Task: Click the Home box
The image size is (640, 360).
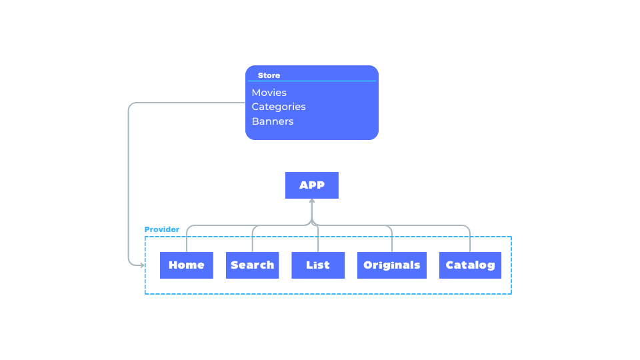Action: tap(187, 265)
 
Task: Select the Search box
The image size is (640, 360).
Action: tap(252, 265)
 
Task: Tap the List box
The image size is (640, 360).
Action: tap(318, 265)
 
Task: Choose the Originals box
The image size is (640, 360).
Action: tap(392, 265)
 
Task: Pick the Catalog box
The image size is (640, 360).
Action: tap(470, 265)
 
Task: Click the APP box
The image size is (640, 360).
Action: tap(312, 185)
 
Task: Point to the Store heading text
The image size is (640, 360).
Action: tap(269, 75)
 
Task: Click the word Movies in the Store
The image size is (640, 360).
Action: tap(269, 93)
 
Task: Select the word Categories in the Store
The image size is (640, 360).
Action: tap(279, 107)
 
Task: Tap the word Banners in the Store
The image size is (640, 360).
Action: tap(273, 121)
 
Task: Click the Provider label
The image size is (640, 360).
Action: tap(162, 229)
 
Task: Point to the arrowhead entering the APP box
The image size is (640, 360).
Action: tap(312, 201)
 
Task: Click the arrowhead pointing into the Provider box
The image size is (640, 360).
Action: tap(142, 265)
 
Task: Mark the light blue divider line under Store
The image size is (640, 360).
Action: tap(312, 81)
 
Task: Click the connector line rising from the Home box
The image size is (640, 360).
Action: tap(187, 240)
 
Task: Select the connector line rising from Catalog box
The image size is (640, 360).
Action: tap(470, 240)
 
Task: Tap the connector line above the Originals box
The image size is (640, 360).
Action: tap(392, 240)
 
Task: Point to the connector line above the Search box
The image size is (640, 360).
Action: tap(252, 240)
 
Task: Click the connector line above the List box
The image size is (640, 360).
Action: tap(318, 240)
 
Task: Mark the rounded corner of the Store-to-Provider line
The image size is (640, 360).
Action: tap(131, 105)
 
